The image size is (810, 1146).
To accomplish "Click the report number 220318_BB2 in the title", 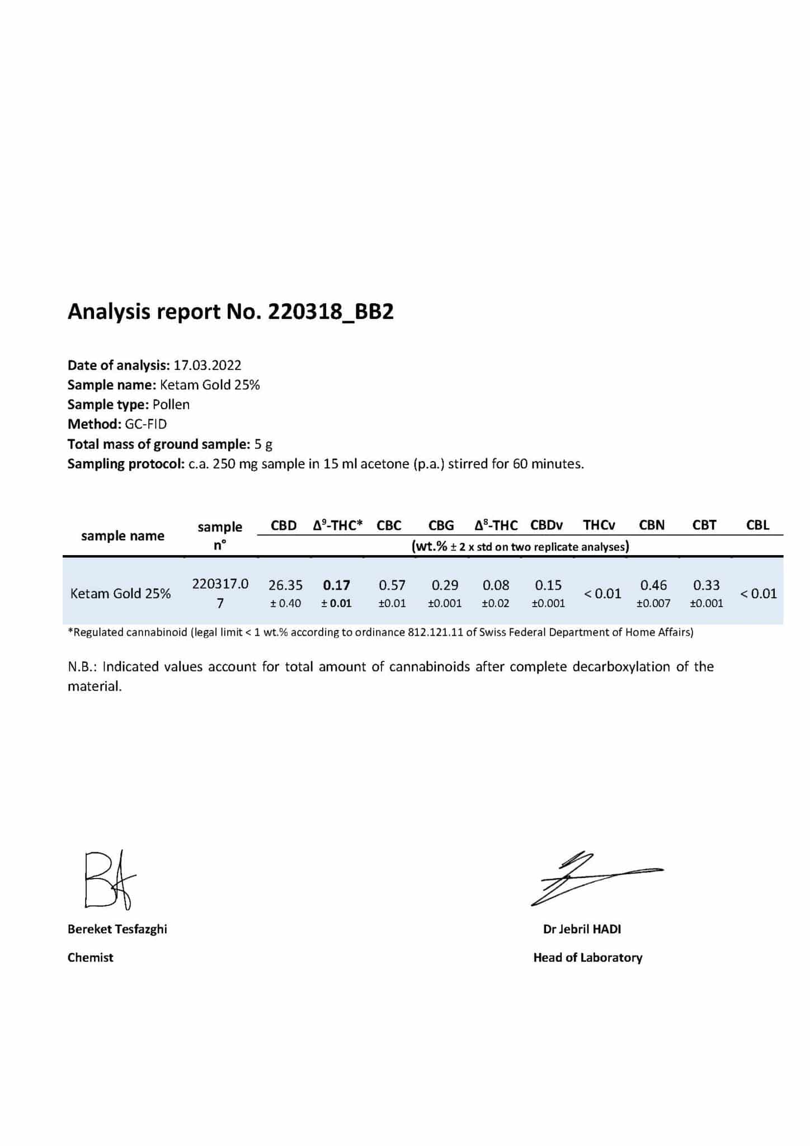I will click(331, 312).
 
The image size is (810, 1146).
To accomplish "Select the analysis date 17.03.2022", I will click(207, 365).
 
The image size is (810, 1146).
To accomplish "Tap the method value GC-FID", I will click(145, 424).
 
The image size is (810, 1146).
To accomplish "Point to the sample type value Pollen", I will click(171, 405).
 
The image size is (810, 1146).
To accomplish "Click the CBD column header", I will click(284, 525).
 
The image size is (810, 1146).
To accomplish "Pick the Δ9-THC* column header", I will click(338, 525).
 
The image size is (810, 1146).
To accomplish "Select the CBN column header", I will click(652, 525).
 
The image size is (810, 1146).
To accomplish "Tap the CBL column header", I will click(757, 525).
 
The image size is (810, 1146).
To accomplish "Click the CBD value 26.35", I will click(285, 585).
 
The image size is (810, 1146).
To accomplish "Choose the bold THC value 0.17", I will click(337, 585).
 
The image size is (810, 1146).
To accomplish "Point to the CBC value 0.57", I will click(392, 585).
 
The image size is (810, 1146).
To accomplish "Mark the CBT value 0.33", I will click(707, 585).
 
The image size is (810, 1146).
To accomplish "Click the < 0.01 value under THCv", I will click(602, 594).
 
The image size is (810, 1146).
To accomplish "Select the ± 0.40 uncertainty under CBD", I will click(285, 603).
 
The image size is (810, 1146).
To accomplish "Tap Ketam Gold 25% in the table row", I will click(120, 594).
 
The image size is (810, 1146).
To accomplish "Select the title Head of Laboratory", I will click(587, 957).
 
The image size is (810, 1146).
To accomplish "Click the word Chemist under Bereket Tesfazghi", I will click(90, 957).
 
